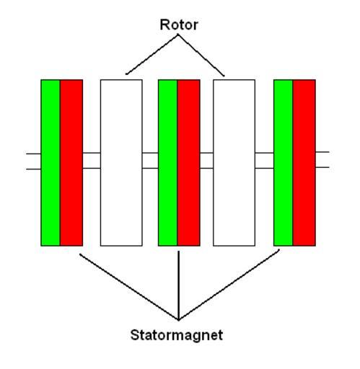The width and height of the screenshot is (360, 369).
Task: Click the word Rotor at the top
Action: pyautogui.click(x=179, y=25)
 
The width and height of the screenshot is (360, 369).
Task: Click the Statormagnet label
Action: pyautogui.click(x=177, y=335)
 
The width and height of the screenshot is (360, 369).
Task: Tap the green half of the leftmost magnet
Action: pyautogui.click(x=51, y=163)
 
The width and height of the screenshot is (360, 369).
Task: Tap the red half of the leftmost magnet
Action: pyautogui.click(x=71, y=163)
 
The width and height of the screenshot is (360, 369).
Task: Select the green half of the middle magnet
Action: pyautogui.click(x=168, y=163)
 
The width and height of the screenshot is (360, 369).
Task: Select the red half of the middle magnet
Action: pyautogui.click(x=189, y=163)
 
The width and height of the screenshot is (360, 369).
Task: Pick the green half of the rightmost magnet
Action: pyautogui.click(x=284, y=163)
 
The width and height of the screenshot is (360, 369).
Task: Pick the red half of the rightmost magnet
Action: pyautogui.click(x=304, y=163)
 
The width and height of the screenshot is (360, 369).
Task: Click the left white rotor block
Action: pyautogui.click(x=121, y=163)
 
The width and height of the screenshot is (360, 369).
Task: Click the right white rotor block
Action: pyautogui.click(x=234, y=163)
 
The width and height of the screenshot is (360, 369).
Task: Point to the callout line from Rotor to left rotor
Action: pyautogui.click(x=152, y=55)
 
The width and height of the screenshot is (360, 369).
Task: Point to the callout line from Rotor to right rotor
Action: pyautogui.click(x=201, y=55)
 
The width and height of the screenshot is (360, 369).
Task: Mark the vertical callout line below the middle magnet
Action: pyautogui.click(x=179, y=285)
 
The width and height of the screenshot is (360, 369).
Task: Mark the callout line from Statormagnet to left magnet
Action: pyautogui.click(x=129, y=287)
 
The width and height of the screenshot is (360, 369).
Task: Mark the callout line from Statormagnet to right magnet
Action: pyautogui.click(x=229, y=285)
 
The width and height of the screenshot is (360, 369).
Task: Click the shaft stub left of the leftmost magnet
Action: pyautogui.click(x=34, y=161)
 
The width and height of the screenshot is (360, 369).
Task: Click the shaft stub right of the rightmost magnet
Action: pyautogui.click(x=322, y=159)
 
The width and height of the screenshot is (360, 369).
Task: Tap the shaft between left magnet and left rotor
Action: pyautogui.click(x=92, y=161)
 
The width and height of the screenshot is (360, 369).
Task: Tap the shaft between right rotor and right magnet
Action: pyautogui.click(x=265, y=161)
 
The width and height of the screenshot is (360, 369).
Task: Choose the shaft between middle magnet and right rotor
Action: pyautogui.click(x=206, y=161)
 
